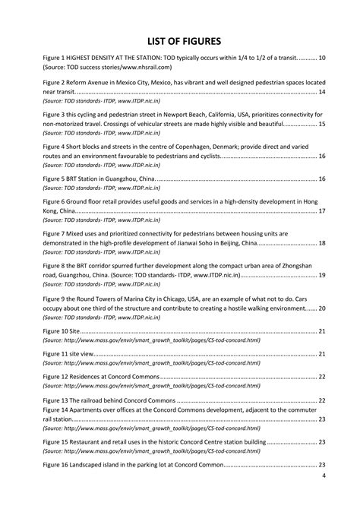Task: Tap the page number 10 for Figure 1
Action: (322, 58)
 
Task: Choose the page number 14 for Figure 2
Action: (322, 91)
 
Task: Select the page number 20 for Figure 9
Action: (322, 309)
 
